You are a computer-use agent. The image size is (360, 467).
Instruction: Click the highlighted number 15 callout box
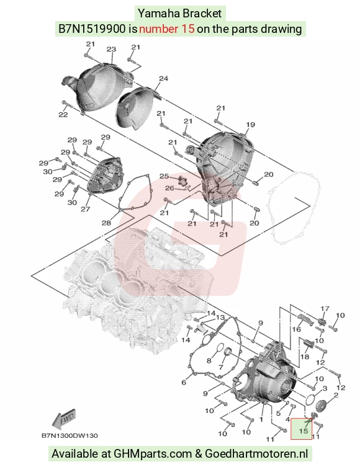(301, 429)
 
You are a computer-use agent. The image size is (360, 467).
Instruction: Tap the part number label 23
(111, 49)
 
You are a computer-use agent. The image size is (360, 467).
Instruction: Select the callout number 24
(163, 79)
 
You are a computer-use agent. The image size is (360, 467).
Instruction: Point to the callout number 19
(250, 125)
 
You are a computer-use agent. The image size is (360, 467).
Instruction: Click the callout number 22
(63, 114)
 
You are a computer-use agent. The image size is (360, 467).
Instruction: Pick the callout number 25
(164, 176)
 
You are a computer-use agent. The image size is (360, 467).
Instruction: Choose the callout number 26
(169, 189)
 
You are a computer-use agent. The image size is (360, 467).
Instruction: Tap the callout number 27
(85, 209)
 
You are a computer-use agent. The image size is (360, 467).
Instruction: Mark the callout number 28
(106, 223)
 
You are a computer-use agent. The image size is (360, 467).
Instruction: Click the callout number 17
(325, 309)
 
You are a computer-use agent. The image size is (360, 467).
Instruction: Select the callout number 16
(297, 329)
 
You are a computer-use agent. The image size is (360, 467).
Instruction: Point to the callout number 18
(305, 357)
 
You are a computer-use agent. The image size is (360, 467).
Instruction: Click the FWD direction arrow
(64, 419)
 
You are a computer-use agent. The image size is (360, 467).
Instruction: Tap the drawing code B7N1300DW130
(70, 436)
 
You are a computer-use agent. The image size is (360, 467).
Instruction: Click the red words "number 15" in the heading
(167, 29)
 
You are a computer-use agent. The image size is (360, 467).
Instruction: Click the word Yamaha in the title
(159, 14)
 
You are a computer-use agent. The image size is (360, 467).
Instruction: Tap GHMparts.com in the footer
(153, 453)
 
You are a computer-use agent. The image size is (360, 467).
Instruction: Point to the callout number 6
(184, 382)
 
